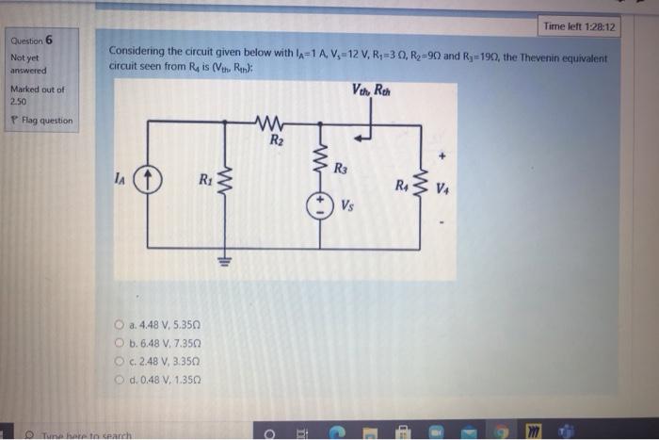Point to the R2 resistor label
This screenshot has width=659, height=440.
[x=276, y=140]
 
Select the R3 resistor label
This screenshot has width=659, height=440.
[x=341, y=170]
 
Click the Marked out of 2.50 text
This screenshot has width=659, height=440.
[x=37, y=94]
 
